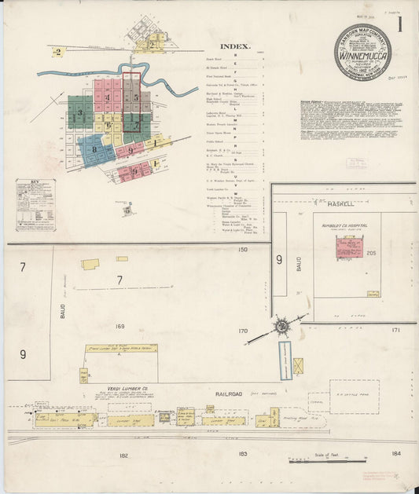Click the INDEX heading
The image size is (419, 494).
pos(234,46)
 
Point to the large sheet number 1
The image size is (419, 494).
pos(400,24)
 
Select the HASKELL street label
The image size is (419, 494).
pos(340,203)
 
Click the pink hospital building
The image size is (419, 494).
pos(349,248)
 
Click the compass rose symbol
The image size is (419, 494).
pos(281,326)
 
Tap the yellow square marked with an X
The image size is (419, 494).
pos(299,365)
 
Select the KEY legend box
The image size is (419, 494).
pos(35,205)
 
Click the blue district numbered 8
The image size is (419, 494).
pos(95,148)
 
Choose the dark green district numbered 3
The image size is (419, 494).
pos(79,112)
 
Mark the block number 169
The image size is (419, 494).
pos(119,325)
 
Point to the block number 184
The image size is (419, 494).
pos(395,452)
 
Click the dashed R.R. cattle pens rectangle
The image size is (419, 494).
pos(354,397)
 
